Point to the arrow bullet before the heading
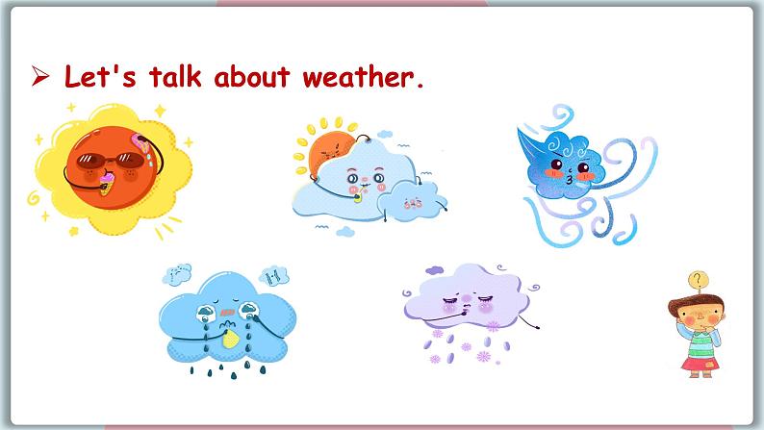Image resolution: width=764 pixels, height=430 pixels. [39, 78]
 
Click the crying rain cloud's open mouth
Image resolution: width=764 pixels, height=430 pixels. [224, 313]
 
